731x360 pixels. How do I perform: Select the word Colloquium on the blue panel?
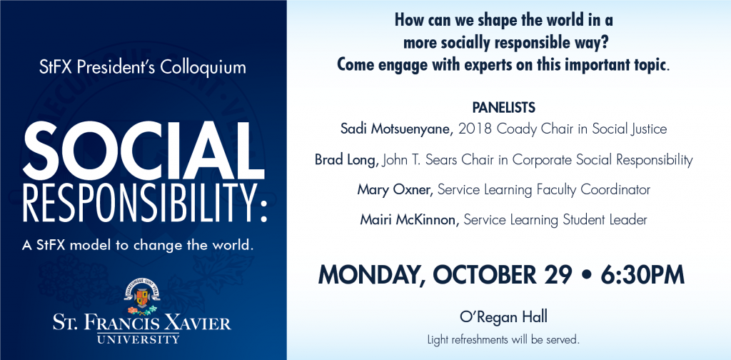pos(203,68)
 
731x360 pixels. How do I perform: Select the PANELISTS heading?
pos(503,108)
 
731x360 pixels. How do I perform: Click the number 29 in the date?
pos(558,275)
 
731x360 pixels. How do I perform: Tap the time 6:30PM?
pos(642,275)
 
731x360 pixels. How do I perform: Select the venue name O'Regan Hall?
pos(503,318)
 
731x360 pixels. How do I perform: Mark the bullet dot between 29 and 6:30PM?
pos(587,275)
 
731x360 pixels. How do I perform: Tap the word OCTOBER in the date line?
pos(485,275)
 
